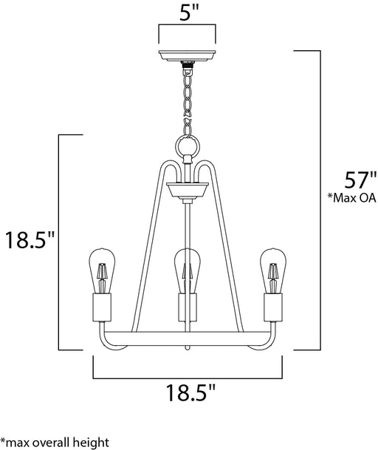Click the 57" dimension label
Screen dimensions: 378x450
point(360,180)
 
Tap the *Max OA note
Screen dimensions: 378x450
point(352,198)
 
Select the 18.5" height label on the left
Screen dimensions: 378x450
point(30,240)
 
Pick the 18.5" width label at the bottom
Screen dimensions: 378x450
point(190,392)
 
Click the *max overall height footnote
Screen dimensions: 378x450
point(55,442)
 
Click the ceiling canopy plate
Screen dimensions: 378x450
point(187,56)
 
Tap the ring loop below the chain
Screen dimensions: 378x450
point(187,146)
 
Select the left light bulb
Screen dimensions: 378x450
point(102,270)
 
